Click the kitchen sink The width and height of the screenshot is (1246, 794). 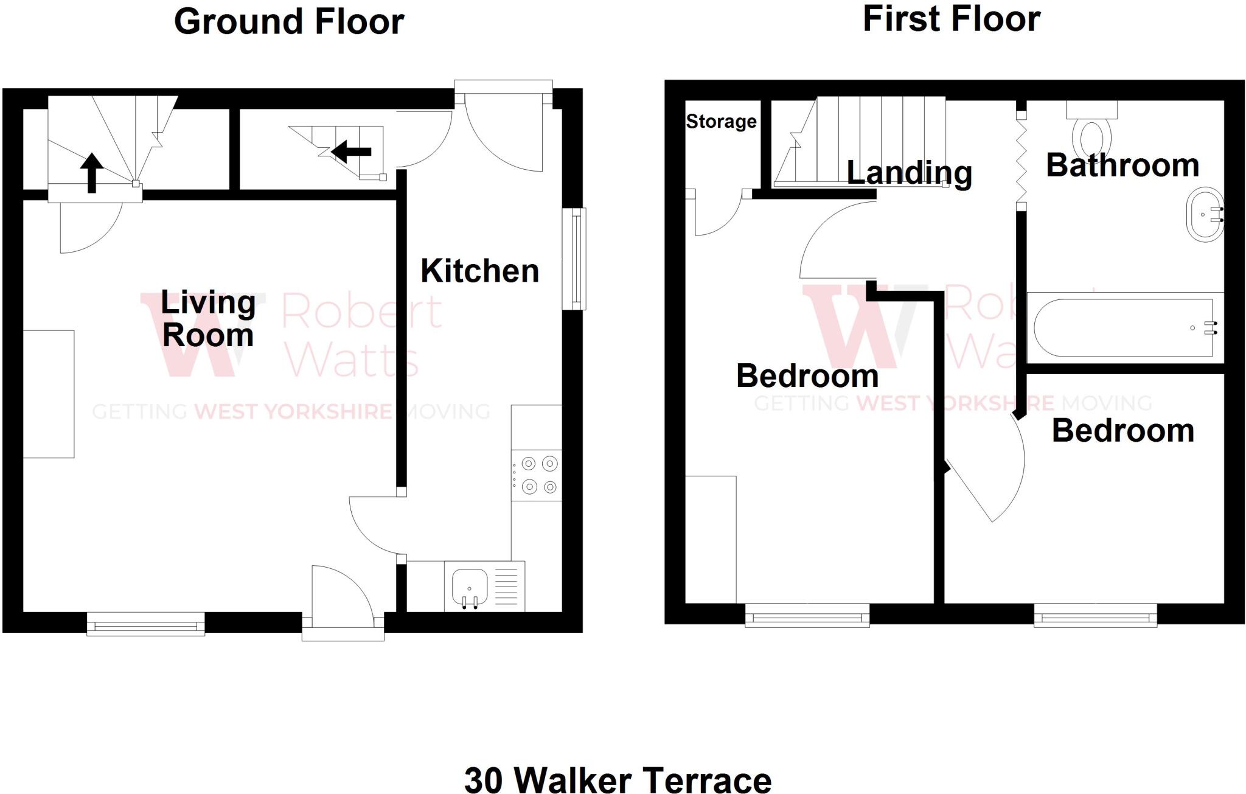[x=470, y=587]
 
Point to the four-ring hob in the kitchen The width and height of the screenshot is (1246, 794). [x=537, y=475]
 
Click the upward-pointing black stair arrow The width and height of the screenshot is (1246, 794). [x=92, y=173]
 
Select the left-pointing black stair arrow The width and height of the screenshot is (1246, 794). [x=352, y=151]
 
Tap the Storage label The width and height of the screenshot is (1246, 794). [x=721, y=122]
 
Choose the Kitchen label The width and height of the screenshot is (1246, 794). [x=479, y=271]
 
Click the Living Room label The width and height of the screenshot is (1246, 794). [x=208, y=319]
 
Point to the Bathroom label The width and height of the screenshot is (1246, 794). [x=1122, y=165]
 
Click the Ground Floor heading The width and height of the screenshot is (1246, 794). [x=289, y=22]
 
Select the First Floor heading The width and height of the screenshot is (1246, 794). [x=951, y=19]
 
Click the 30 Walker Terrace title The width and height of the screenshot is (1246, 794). [x=618, y=779]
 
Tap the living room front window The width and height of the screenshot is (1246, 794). [x=146, y=624]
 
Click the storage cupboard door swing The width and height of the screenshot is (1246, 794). [x=718, y=213]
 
